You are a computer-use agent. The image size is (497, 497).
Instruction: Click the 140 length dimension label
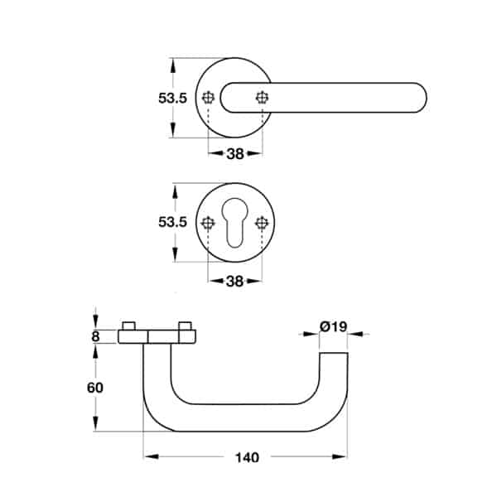click(247, 457)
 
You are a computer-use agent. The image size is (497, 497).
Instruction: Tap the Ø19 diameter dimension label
click(334, 326)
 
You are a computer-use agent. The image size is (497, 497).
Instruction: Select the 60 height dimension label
click(95, 388)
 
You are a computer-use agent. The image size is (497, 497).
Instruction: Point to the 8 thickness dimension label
click(95, 336)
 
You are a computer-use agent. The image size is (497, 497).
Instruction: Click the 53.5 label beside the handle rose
click(173, 99)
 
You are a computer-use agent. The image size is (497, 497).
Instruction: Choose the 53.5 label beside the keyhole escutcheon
click(173, 222)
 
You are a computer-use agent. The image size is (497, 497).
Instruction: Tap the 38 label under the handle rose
click(235, 154)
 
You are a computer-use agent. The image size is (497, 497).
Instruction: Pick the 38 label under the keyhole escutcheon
click(234, 281)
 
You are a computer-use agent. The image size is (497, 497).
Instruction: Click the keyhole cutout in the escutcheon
click(235, 223)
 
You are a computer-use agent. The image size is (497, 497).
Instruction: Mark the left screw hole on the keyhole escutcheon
click(208, 223)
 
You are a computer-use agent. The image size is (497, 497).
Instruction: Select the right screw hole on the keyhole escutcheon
click(262, 223)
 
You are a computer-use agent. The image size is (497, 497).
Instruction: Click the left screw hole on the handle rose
click(208, 98)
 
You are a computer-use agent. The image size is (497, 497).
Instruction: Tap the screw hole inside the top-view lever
click(262, 98)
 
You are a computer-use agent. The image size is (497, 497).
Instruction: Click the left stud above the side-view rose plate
click(129, 326)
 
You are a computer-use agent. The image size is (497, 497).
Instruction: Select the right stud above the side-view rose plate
click(185, 326)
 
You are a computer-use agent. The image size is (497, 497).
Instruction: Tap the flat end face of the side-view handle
click(334, 353)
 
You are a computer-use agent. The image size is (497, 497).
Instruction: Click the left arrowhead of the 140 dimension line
click(151, 456)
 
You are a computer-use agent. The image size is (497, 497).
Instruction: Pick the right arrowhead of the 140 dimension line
click(340, 456)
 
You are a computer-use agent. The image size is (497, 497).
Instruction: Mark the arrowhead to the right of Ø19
click(355, 334)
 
